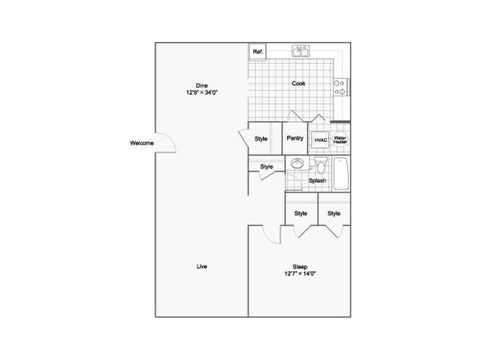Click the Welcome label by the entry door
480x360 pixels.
point(142,143)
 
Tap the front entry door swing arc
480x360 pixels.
point(171,138)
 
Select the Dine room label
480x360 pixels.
point(202,86)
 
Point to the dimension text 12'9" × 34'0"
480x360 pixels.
point(202,92)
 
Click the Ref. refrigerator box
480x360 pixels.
point(258,51)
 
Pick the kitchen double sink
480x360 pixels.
point(300,51)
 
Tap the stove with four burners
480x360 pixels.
point(341,87)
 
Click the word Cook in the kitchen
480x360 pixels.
point(298,83)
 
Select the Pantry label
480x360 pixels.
point(295,138)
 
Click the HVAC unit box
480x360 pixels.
point(321,140)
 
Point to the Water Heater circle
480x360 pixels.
point(340,140)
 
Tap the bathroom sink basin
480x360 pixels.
point(296,163)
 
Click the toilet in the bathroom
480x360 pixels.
point(321,165)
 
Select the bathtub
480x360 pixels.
point(340,174)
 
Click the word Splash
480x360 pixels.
point(318,180)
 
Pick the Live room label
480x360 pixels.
point(202,267)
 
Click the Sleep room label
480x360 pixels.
point(300,267)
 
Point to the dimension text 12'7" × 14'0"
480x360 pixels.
point(300,274)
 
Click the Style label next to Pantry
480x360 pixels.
point(261,139)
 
